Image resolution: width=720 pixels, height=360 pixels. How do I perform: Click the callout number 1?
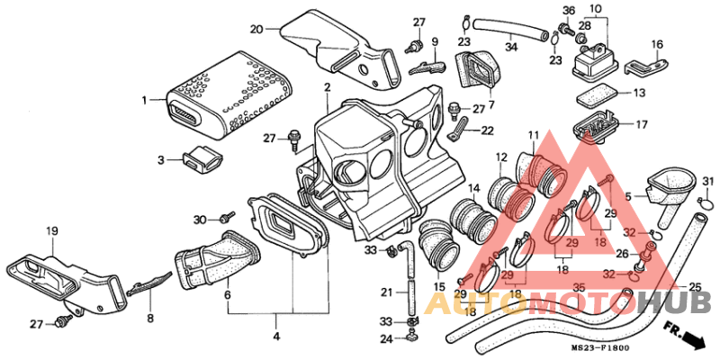144,100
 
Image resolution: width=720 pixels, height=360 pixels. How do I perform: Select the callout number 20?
256,28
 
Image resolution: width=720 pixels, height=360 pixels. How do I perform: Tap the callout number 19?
52,230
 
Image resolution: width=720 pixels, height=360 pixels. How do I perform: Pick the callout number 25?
695,287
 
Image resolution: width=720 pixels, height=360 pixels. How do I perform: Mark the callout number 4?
276,337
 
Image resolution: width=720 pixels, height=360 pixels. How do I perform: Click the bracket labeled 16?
646,64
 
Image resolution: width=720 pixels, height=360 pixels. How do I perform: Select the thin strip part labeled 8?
151,284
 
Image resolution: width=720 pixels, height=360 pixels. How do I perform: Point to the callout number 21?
386,292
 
